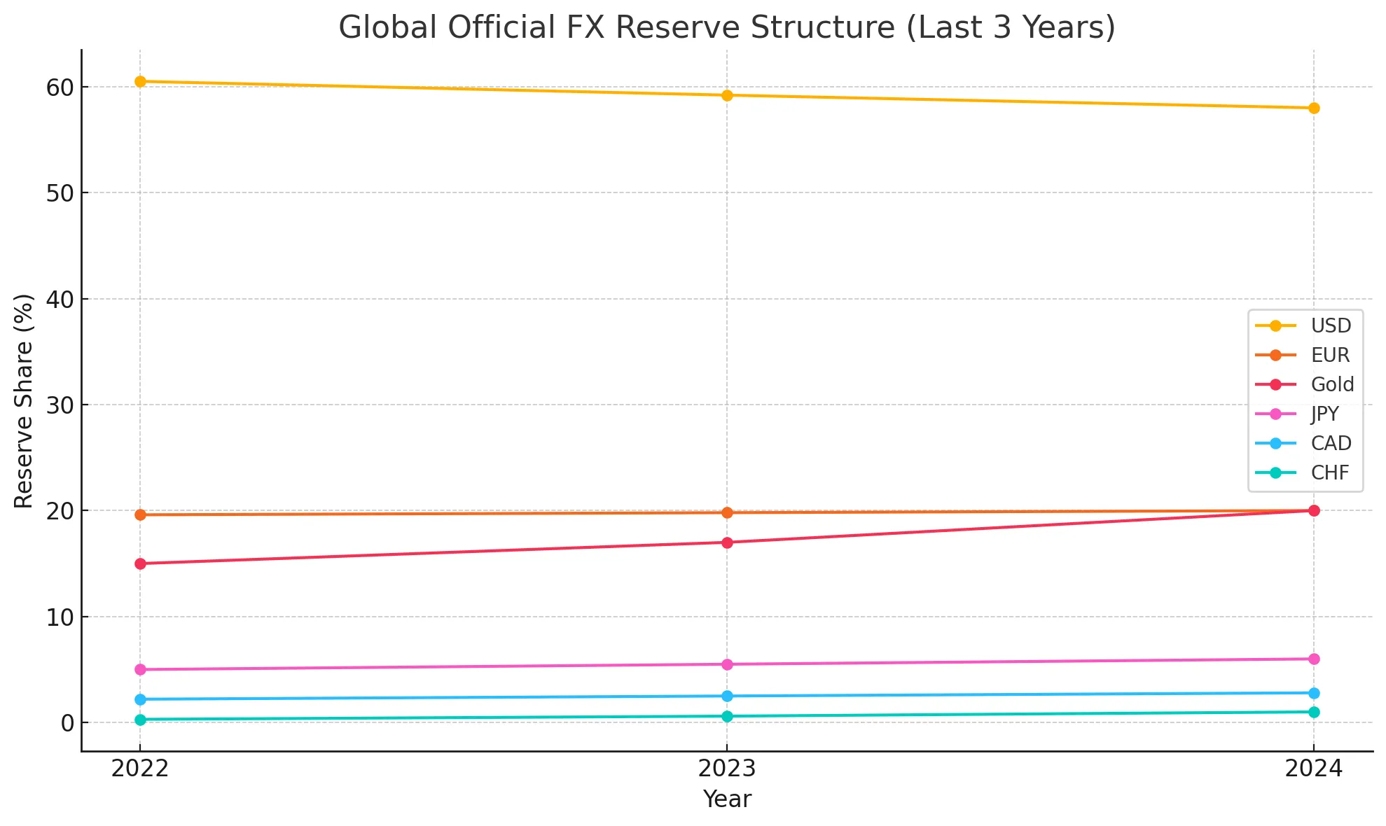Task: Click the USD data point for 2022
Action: [140, 81]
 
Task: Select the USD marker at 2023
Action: [727, 95]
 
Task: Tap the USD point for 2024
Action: [1314, 108]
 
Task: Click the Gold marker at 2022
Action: [140, 563]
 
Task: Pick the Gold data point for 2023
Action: [727, 542]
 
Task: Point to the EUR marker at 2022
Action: [140, 514]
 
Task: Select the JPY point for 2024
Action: [1314, 659]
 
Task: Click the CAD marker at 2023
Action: [727, 696]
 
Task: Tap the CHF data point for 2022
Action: [140, 720]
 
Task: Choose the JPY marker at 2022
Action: [140, 669]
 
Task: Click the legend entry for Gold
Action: [1331, 384]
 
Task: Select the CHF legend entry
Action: [1329, 472]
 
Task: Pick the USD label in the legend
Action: [1331, 325]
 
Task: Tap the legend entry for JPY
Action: [1324, 414]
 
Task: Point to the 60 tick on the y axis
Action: [60, 87]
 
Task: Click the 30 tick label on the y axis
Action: [60, 405]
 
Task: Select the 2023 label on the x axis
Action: [727, 769]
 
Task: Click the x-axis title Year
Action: [727, 799]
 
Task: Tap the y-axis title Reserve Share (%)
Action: [24, 400]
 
